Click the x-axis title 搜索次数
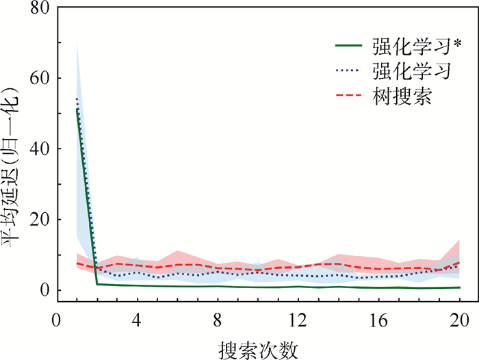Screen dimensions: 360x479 click(x=259, y=349)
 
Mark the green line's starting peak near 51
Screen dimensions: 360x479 click(x=77, y=110)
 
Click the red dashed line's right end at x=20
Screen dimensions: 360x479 click(x=458, y=263)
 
